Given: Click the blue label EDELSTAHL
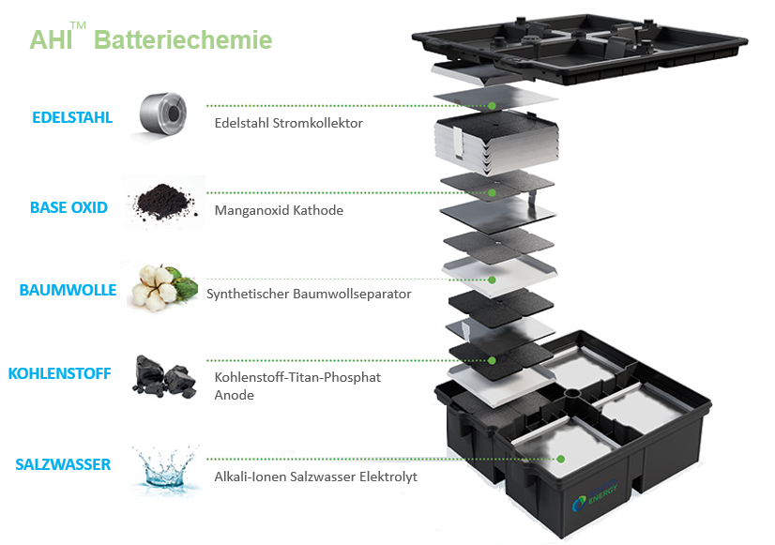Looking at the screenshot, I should click(71, 118).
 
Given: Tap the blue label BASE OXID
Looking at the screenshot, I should click(68, 207).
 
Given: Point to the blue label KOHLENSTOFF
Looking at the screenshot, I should click(59, 373).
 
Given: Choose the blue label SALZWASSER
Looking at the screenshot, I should click(63, 464).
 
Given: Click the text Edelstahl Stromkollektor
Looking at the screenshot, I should click(288, 123).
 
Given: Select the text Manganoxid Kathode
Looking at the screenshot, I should click(279, 210).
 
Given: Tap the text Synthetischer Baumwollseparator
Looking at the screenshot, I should click(309, 294).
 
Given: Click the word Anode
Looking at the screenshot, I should click(235, 395).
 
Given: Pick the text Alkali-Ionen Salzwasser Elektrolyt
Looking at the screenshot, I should click(315, 477).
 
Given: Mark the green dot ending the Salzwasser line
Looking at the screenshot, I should click(561, 459).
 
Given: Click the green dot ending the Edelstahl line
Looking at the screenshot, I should click(494, 105).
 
